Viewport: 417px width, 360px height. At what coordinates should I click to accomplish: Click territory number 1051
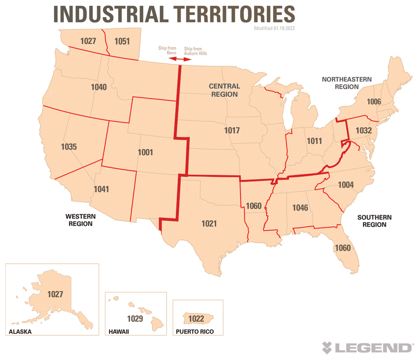point(122,41)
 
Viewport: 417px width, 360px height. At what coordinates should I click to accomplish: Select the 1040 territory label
point(99,87)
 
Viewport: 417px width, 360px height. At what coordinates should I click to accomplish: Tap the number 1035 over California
point(69,147)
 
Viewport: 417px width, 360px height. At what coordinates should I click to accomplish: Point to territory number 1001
point(145,153)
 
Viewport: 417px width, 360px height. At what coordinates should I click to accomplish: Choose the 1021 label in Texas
point(209,223)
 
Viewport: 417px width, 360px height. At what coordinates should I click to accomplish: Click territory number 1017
point(232,130)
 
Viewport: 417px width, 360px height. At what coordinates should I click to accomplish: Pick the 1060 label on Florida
point(342,247)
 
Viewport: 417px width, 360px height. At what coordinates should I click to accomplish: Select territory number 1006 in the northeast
point(374,102)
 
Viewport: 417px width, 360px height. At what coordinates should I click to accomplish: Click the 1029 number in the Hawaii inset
point(135,319)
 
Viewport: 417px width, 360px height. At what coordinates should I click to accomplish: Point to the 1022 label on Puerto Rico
point(196,319)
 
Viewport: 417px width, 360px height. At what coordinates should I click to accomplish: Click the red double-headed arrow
point(179,60)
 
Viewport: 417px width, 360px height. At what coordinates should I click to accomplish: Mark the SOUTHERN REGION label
point(374,221)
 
